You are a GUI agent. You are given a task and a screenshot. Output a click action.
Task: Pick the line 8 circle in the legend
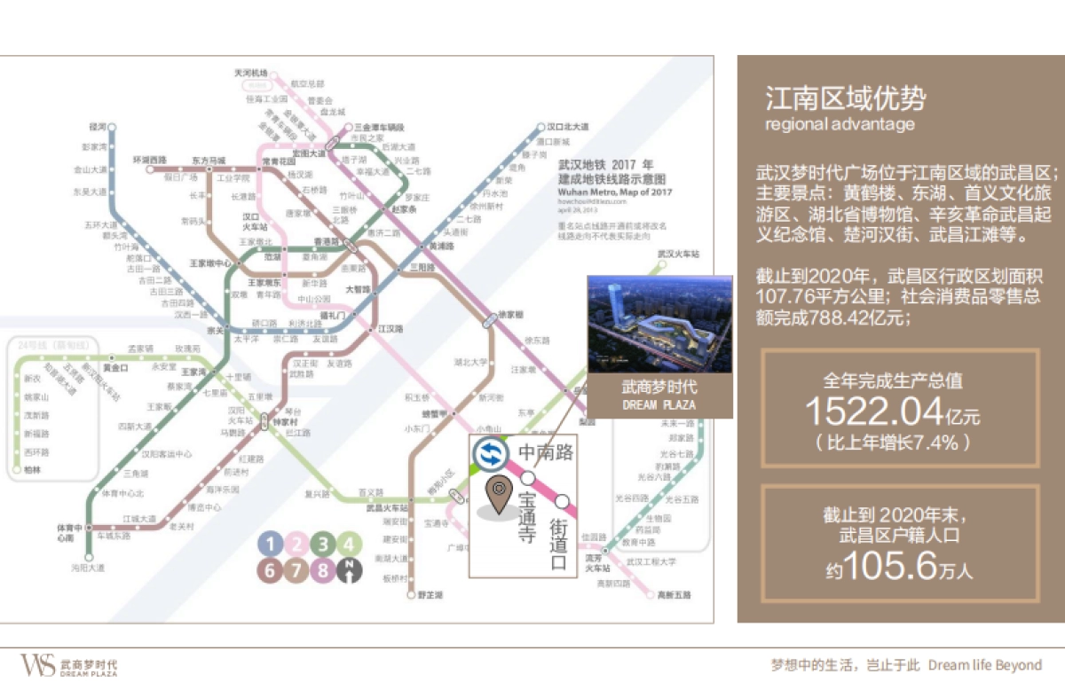pyautogui.click(x=326, y=570)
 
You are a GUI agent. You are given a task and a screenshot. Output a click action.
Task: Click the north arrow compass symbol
pyautogui.click(x=352, y=570)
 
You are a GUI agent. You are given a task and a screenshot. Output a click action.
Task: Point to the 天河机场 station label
pyautogui.click(x=249, y=73)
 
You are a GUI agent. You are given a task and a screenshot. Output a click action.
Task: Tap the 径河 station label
pyautogui.click(x=98, y=127)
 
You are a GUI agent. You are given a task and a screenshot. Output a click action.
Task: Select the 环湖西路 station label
pyautogui.click(x=150, y=160)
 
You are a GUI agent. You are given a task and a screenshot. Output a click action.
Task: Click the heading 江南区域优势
pyautogui.click(x=845, y=98)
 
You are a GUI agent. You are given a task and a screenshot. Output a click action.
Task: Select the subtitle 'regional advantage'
pyautogui.click(x=840, y=124)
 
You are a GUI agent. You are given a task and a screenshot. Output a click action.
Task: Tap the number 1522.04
pyautogui.click(x=873, y=412)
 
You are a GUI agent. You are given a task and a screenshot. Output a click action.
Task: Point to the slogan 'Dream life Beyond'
pyautogui.click(x=985, y=664)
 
